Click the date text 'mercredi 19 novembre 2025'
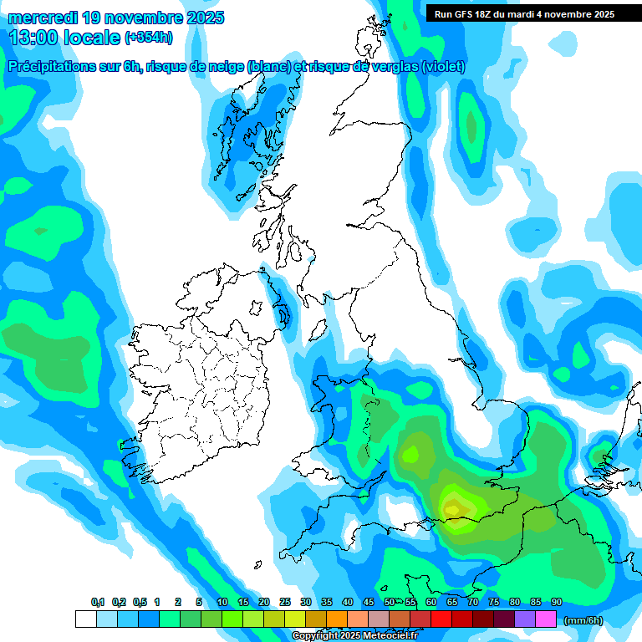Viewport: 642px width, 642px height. (115, 18)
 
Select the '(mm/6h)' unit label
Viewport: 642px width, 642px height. (583, 619)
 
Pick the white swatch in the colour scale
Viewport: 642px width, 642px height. (85, 619)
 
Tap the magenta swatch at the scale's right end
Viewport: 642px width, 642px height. (546, 619)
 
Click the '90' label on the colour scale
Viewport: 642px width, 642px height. (556, 603)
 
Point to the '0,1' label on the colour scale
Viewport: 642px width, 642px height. (98, 603)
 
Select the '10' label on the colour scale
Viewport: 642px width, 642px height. (222, 603)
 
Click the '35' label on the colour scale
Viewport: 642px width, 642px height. (326, 603)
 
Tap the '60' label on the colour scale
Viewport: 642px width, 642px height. (431, 603)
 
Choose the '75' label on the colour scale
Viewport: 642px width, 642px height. (493, 603)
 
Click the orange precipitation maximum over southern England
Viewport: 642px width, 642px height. (452, 507)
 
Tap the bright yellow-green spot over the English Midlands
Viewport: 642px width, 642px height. (410, 454)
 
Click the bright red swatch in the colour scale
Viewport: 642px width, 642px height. (441, 619)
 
